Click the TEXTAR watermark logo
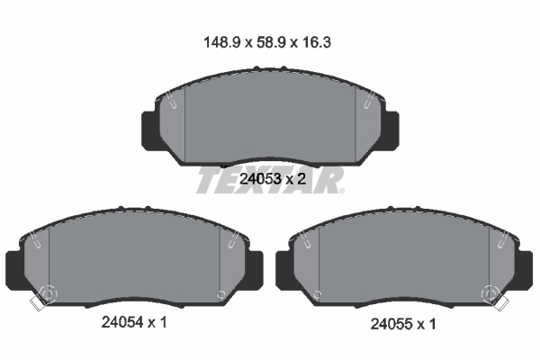pyautogui.click(x=270, y=180)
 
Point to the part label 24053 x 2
pyautogui.click(x=270, y=179)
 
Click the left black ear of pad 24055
pyautogui.click(x=284, y=267)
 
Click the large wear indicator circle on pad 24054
pyautogui.click(x=46, y=294)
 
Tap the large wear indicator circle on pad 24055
pyautogui.click(x=491, y=294)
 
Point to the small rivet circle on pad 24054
pyautogui.click(x=221, y=294)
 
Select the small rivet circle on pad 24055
pyautogui.click(x=316, y=294)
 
